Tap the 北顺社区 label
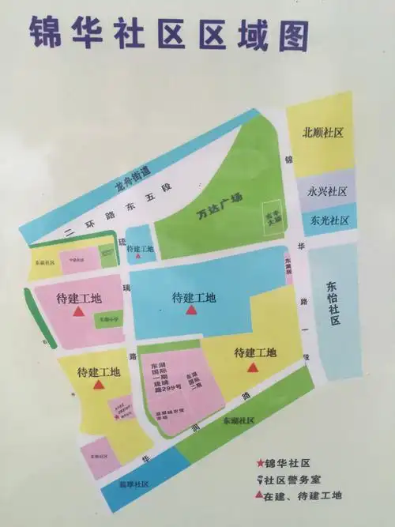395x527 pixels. click(322, 133)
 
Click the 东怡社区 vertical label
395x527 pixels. click(333, 304)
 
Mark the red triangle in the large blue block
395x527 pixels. click(190, 311)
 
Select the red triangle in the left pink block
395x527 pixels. click(78, 312)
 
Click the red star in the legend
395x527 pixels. click(259, 463)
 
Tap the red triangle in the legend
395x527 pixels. click(259, 495)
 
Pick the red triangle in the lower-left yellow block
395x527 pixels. click(98, 386)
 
